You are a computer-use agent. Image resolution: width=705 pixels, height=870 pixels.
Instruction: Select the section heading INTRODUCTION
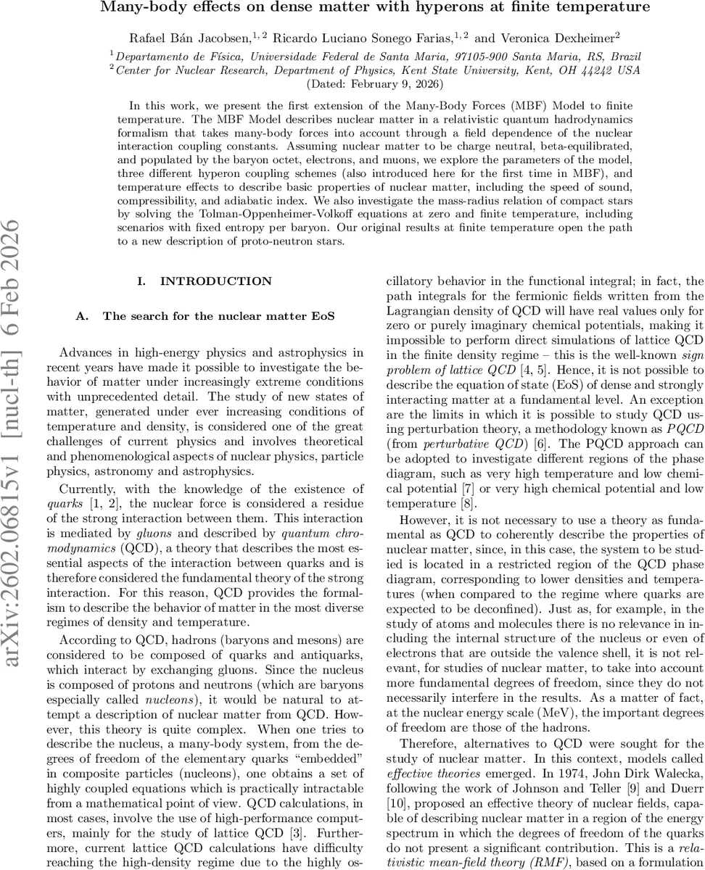pos(216,281)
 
